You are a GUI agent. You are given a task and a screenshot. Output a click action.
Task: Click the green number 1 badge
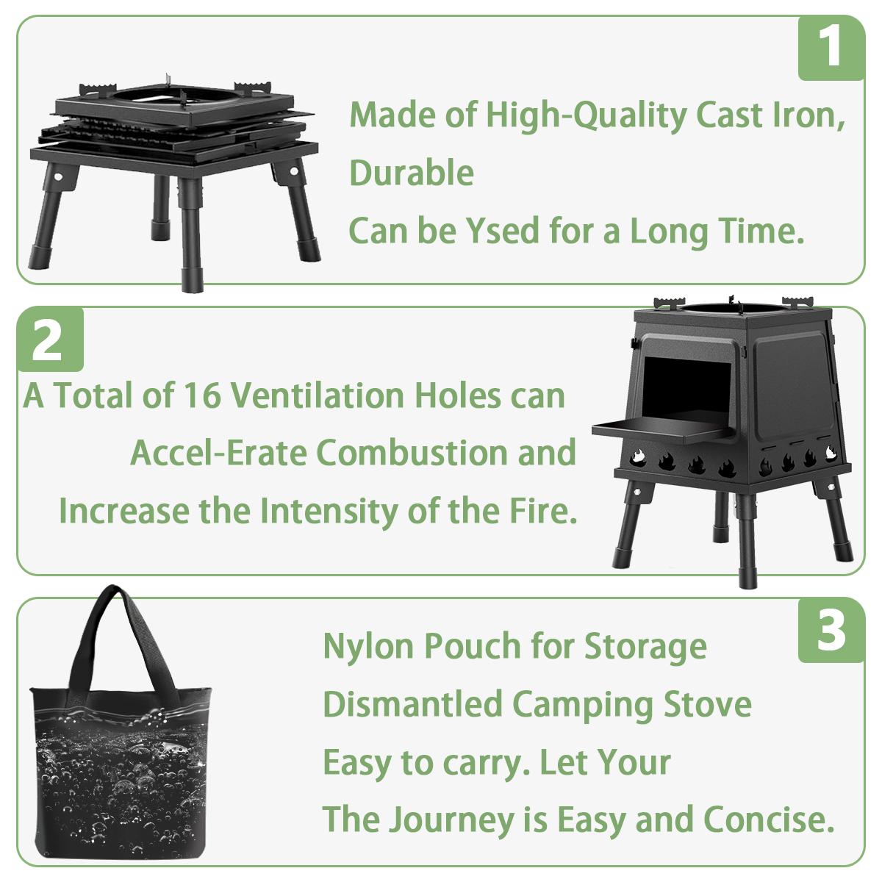831,49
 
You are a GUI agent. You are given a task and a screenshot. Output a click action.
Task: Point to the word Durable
411,173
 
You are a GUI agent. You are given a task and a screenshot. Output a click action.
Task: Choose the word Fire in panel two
545,511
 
